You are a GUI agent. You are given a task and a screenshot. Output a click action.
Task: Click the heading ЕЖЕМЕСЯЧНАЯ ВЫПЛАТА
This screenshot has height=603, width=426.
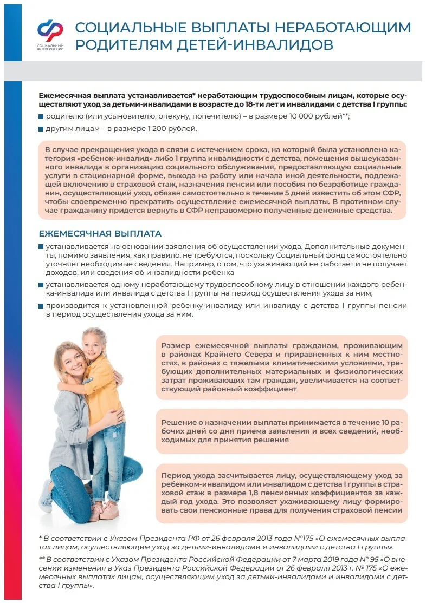click(100, 234)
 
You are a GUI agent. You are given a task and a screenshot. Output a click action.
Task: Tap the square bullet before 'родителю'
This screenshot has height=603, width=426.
click(41, 116)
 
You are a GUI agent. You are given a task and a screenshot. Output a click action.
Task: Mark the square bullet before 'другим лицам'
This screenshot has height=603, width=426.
click(41, 129)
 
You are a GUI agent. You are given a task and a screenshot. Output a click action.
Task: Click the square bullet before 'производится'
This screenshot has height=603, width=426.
click(41, 306)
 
